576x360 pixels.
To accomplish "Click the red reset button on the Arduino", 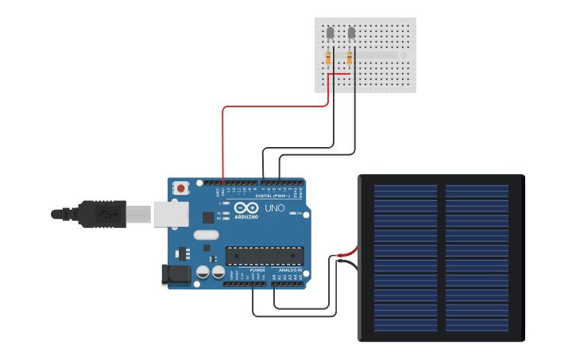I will (181, 188).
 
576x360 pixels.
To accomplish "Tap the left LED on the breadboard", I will (331, 33).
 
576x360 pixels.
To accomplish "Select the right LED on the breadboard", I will (352, 33).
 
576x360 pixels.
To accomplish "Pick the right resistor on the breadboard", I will (350, 57).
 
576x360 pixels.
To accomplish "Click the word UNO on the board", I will (274, 208).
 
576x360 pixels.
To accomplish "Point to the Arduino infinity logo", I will (245, 207).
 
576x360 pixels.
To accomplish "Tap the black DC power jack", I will (176, 275).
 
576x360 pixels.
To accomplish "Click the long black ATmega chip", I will (264, 255).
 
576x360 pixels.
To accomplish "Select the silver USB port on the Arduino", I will (171, 214).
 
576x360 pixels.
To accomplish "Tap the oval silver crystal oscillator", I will (205, 234).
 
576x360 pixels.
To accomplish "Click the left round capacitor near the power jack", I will (203, 272).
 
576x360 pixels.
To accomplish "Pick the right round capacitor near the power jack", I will (218, 272).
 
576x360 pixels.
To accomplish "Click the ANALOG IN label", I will (290, 270).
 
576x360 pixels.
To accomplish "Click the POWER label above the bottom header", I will (257, 270).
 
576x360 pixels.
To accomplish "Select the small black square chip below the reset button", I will (208, 216).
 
